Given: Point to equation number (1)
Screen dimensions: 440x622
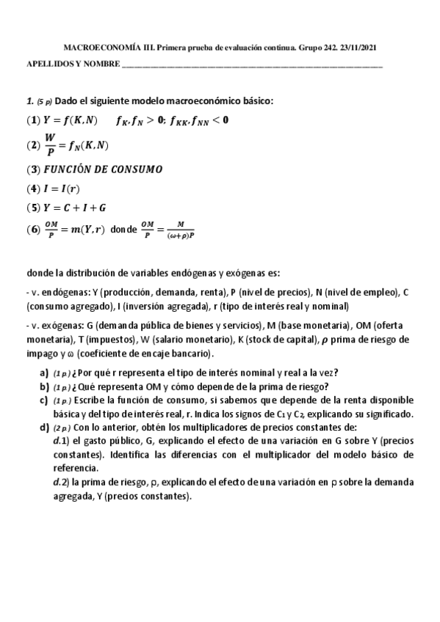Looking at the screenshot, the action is pyautogui.click(x=33, y=120).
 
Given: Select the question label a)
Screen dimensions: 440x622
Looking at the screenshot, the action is pyautogui.click(x=45, y=371).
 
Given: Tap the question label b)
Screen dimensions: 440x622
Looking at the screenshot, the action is pyautogui.click(x=45, y=386).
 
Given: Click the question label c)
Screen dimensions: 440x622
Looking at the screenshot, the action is pyautogui.click(x=45, y=400).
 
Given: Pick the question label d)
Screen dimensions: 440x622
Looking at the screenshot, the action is pyautogui.click(x=45, y=427).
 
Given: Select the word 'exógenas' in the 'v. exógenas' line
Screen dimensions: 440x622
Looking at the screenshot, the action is pyautogui.click(x=52, y=326).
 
